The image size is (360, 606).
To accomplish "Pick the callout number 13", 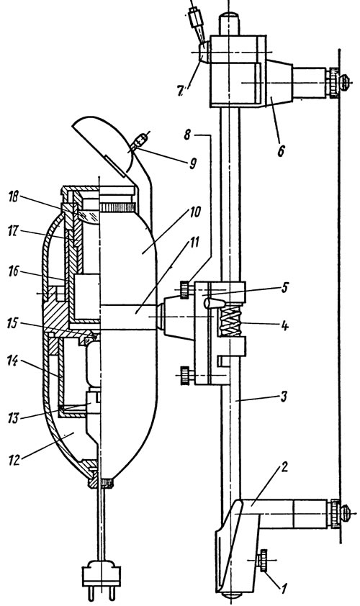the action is coord(12,419).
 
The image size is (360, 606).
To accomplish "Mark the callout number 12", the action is coord(13,459).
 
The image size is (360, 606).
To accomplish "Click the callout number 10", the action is coord(194,212).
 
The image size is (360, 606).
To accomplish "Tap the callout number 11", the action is coord(194,243).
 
